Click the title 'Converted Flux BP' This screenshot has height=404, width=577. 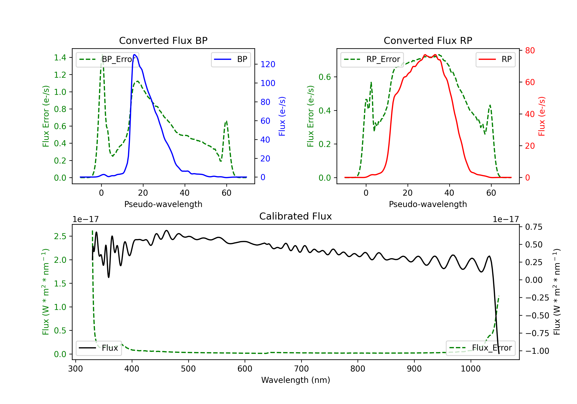coord(163,40)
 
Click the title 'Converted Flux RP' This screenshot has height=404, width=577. coord(428,40)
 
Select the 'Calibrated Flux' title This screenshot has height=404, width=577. coord(296,216)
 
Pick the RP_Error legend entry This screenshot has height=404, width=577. coord(372,59)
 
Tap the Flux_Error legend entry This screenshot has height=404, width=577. coord(480,348)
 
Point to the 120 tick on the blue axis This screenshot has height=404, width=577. coord(268,64)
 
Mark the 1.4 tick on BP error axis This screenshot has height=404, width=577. coord(60,58)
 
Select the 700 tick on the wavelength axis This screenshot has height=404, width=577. coord(301,369)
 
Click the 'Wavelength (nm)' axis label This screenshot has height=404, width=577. coord(296,380)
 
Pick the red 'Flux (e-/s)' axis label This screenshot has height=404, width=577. coord(542,116)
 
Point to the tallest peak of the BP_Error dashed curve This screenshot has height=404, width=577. coord(102,55)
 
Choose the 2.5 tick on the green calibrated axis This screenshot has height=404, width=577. coord(60,236)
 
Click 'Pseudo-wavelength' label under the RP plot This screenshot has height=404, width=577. coord(428,204)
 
